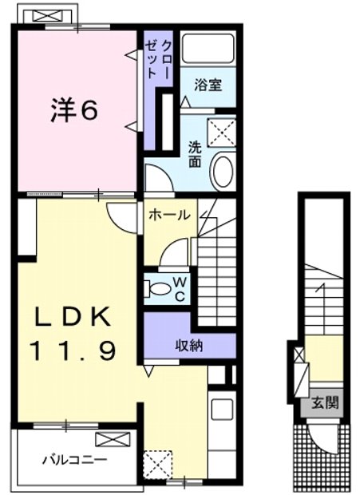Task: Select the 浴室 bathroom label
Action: (208, 84)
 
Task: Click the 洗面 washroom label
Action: (194, 152)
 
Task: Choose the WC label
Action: (180, 289)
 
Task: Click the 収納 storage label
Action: (188, 345)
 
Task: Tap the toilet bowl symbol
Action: (160, 289)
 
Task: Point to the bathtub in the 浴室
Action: (206, 52)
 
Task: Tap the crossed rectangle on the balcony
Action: (111, 439)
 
